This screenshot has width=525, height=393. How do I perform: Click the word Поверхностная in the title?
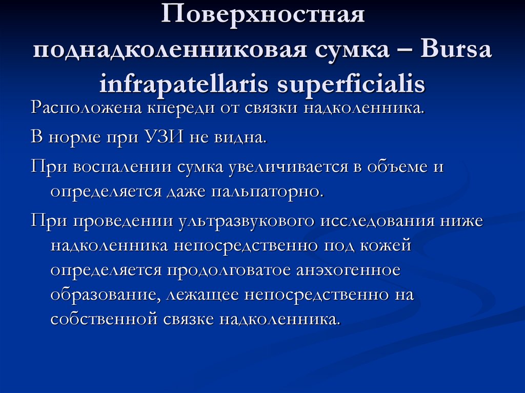(x=264, y=14)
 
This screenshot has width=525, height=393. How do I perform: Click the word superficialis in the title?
(x=351, y=84)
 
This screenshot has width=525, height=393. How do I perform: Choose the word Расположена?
(x=83, y=109)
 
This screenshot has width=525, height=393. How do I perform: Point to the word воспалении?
(x=121, y=167)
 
